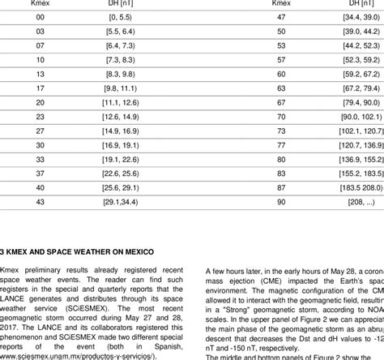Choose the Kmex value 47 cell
coord(259,15)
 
